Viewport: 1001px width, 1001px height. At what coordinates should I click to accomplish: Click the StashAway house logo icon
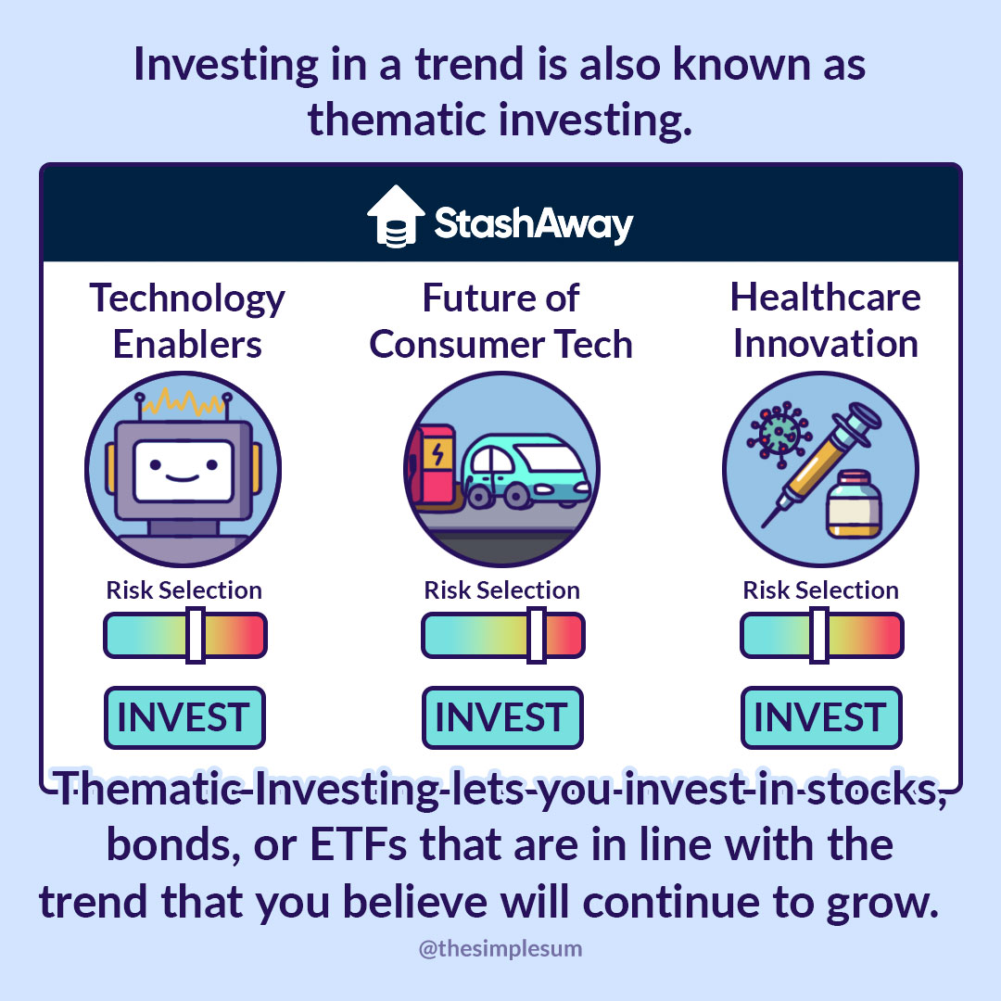click(x=396, y=216)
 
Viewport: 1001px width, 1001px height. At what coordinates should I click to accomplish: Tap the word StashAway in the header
click(x=534, y=224)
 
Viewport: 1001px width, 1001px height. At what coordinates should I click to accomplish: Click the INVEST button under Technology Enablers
click(x=184, y=717)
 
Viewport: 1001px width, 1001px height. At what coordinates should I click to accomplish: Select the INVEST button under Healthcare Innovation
click(x=821, y=717)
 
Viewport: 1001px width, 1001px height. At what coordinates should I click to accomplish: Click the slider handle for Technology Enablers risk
click(x=196, y=635)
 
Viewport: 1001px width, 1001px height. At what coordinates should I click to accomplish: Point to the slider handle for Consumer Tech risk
click(x=537, y=635)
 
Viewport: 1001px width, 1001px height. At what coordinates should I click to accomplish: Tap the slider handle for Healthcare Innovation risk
click(x=819, y=635)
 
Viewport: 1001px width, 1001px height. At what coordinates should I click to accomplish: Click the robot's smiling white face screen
click(x=184, y=471)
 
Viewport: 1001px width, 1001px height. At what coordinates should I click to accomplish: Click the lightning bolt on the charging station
click(x=437, y=454)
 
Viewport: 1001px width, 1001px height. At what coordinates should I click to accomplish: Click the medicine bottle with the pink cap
click(x=854, y=504)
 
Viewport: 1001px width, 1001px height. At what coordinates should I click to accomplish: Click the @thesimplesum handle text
click(x=500, y=949)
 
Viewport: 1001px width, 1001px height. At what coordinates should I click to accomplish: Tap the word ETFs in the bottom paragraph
click(x=358, y=844)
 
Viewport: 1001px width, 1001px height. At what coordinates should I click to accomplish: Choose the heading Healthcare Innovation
click(x=826, y=321)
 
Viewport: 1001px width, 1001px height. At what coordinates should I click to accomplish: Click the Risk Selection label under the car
click(x=501, y=590)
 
